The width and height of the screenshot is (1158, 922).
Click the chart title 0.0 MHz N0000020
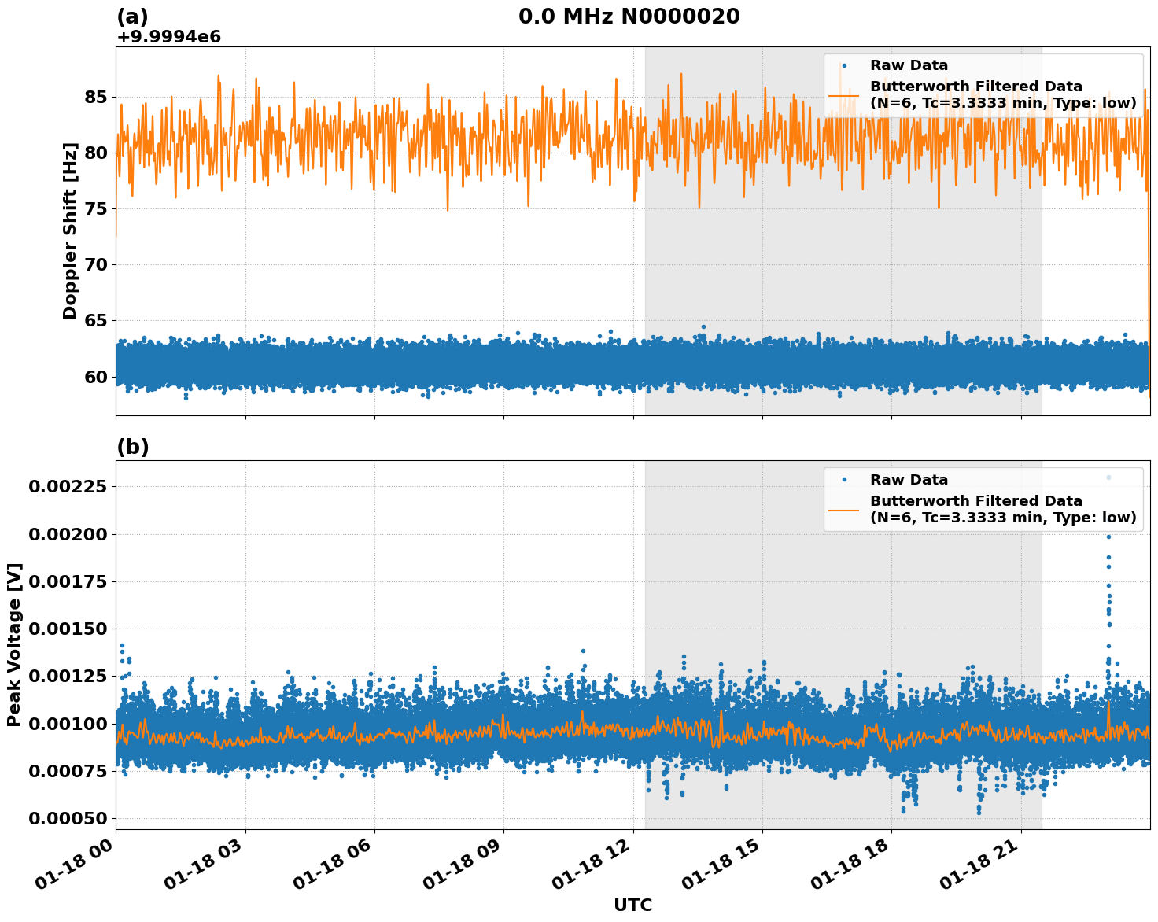[x=629, y=17]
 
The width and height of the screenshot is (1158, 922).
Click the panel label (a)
[x=132, y=17]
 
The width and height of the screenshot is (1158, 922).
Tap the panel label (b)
[x=132, y=447]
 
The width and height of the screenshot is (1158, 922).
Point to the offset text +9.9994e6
[x=168, y=37]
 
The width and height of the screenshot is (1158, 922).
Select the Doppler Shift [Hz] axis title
[x=71, y=230]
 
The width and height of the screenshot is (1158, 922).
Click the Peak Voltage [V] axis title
[x=14, y=644]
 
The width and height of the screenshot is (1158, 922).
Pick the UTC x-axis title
[x=632, y=905]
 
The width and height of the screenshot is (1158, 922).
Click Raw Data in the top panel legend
[x=909, y=65]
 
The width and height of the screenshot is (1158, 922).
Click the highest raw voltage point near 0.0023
[x=1108, y=478]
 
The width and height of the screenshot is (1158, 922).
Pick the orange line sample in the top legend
[x=843, y=94]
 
